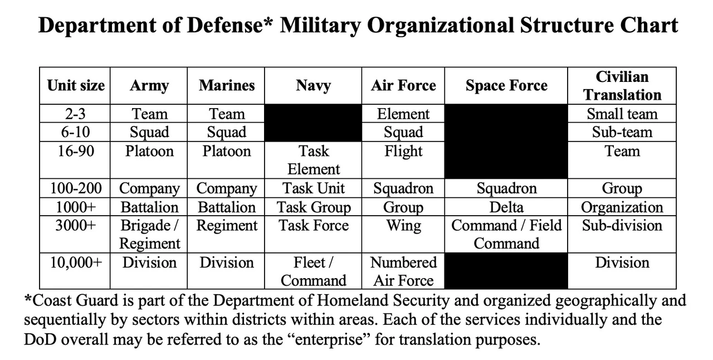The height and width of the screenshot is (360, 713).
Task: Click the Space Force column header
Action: [x=506, y=86]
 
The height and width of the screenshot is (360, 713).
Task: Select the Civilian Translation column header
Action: [x=622, y=86]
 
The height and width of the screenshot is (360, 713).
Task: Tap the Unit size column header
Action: [x=75, y=86]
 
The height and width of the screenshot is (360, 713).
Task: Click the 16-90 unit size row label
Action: [x=75, y=151]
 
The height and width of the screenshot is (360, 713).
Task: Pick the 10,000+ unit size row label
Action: [x=76, y=263]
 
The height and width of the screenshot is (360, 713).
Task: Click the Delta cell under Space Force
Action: [x=506, y=207]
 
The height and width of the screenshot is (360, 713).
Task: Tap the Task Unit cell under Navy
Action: [x=313, y=188]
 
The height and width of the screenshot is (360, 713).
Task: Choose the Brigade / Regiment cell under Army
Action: [x=149, y=235]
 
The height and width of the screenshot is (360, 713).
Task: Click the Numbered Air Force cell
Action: [x=403, y=272]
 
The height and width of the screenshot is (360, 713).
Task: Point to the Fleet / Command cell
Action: [x=313, y=272]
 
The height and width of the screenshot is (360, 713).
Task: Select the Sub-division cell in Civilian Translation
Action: [x=622, y=226]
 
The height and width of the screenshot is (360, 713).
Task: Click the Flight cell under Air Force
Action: [x=403, y=152]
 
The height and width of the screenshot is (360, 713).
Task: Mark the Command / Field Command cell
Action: [x=506, y=235]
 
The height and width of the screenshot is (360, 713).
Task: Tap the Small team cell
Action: [x=622, y=114]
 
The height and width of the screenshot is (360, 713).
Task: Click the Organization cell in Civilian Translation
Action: [x=622, y=208]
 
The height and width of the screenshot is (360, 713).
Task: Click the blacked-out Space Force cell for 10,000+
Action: [x=506, y=271]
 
